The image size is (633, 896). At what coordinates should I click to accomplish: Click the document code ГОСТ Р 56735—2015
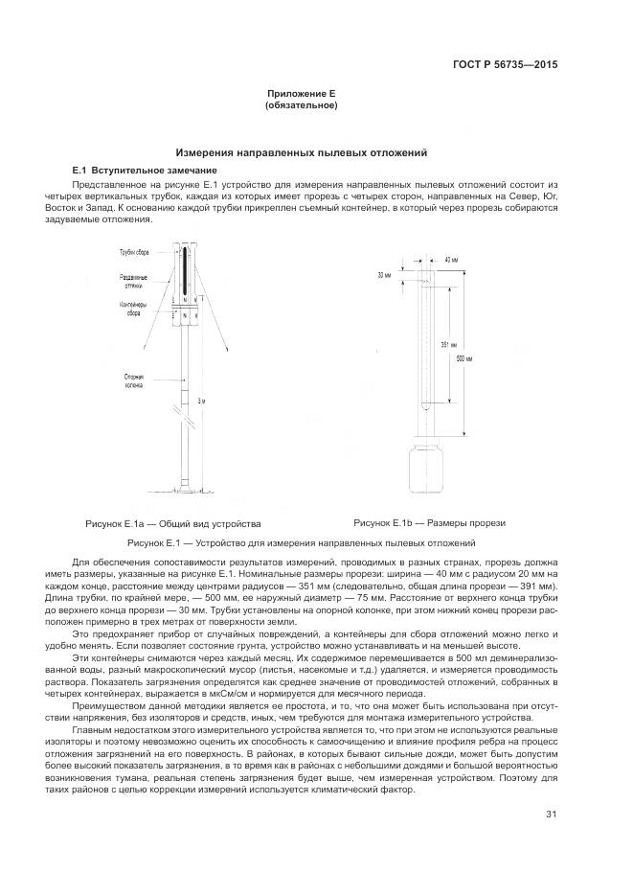click(505, 65)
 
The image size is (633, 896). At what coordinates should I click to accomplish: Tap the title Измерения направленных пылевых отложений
click(301, 152)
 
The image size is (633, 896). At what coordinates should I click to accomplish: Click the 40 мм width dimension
click(450, 260)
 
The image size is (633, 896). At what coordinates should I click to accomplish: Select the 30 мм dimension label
click(385, 275)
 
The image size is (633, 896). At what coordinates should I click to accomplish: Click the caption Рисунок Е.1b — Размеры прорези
click(429, 523)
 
